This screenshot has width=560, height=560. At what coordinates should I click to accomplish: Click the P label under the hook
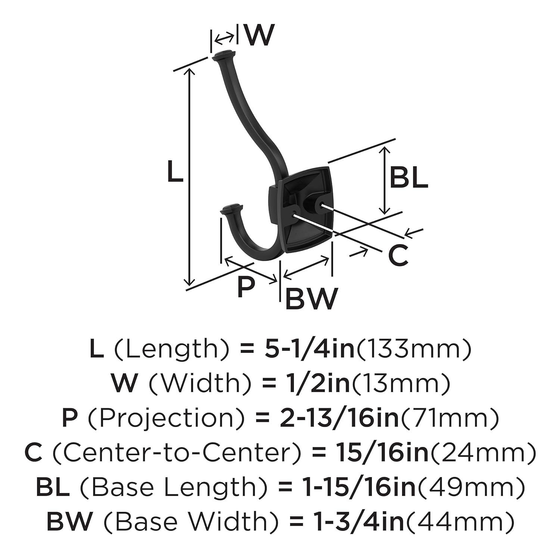(x=246, y=287)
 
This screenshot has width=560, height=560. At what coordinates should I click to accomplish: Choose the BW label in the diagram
(x=311, y=299)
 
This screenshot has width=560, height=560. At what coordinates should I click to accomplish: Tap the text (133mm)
(x=414, y=349)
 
